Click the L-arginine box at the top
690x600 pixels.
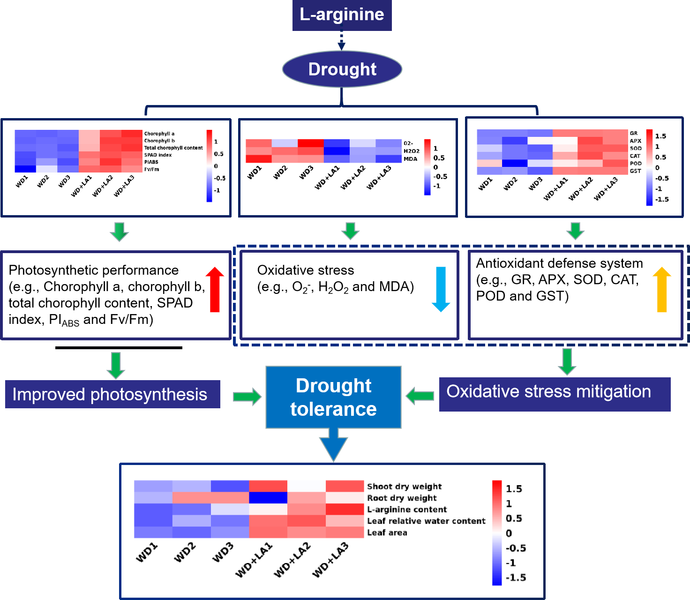[342, 15]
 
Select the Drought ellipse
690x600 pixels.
[342, 69]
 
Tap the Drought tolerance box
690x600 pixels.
[333, 397]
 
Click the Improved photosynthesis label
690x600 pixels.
[112, 394]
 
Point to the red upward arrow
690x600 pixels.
[215, 289]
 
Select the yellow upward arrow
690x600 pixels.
[662, 289]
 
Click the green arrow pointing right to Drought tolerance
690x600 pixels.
[247, 397]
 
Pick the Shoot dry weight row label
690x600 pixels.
[404, 487]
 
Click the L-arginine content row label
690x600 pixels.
[407, 510]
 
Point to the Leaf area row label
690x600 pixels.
[387, 532]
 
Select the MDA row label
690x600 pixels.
[410, 159]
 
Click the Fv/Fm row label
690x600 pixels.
[151, 169]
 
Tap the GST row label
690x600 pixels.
[635, 171]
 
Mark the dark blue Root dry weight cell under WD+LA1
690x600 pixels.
[268, 498]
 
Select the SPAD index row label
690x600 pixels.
[157, 155]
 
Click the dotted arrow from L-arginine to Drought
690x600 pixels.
[342, 40]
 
